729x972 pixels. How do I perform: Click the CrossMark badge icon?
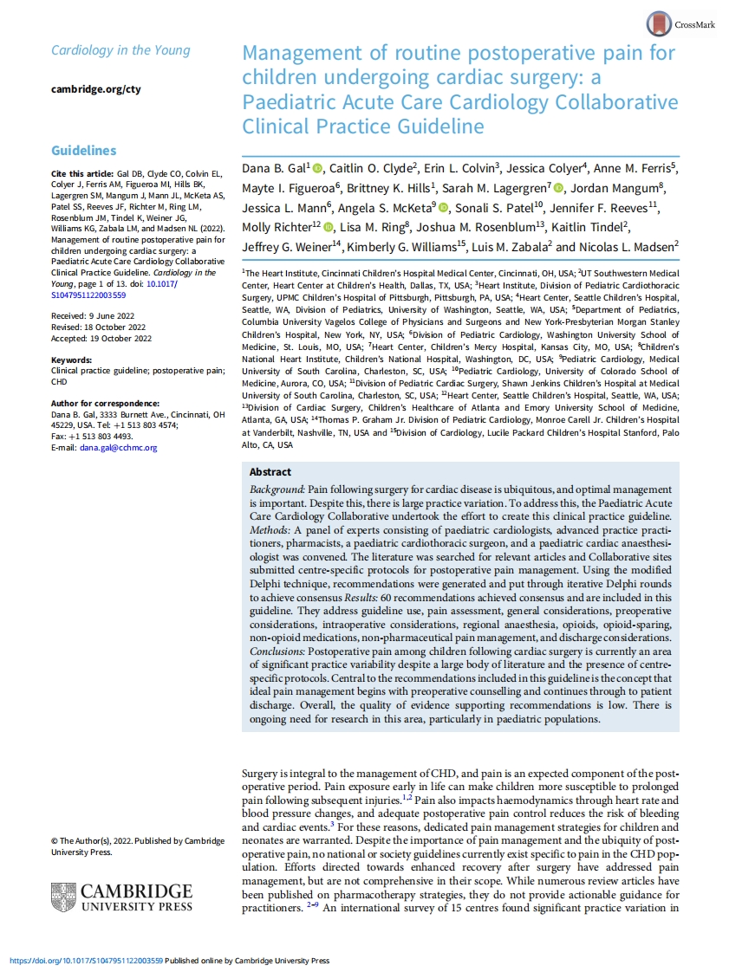pos(660,23)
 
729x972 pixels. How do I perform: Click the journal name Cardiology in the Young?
pos(120,50)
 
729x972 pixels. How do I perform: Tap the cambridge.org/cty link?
pos(96,89)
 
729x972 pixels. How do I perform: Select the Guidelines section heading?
pos(83,150)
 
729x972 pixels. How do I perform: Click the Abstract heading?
pos(270,472)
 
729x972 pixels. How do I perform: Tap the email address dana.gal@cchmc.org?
pos(119,448)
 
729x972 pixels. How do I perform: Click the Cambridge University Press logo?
pos(120,897)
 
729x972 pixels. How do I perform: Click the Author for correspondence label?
pos(105,403)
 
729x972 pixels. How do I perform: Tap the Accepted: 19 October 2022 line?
pos(101,339)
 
